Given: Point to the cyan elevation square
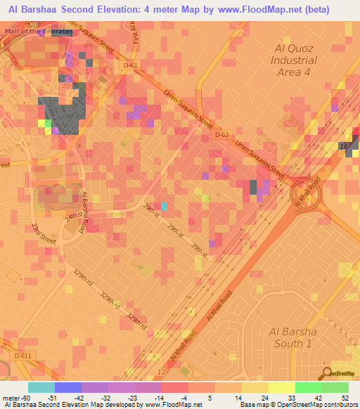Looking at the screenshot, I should pos(164,206).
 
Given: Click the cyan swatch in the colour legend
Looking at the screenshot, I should pos(41,387).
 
